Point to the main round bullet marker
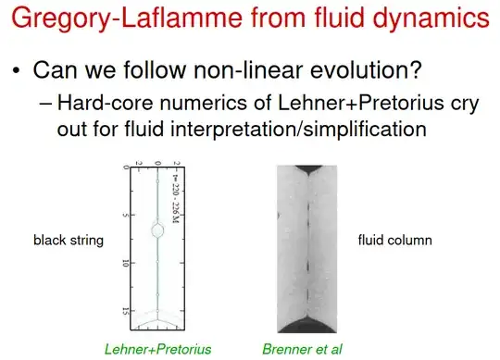click(x=16, y=71)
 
